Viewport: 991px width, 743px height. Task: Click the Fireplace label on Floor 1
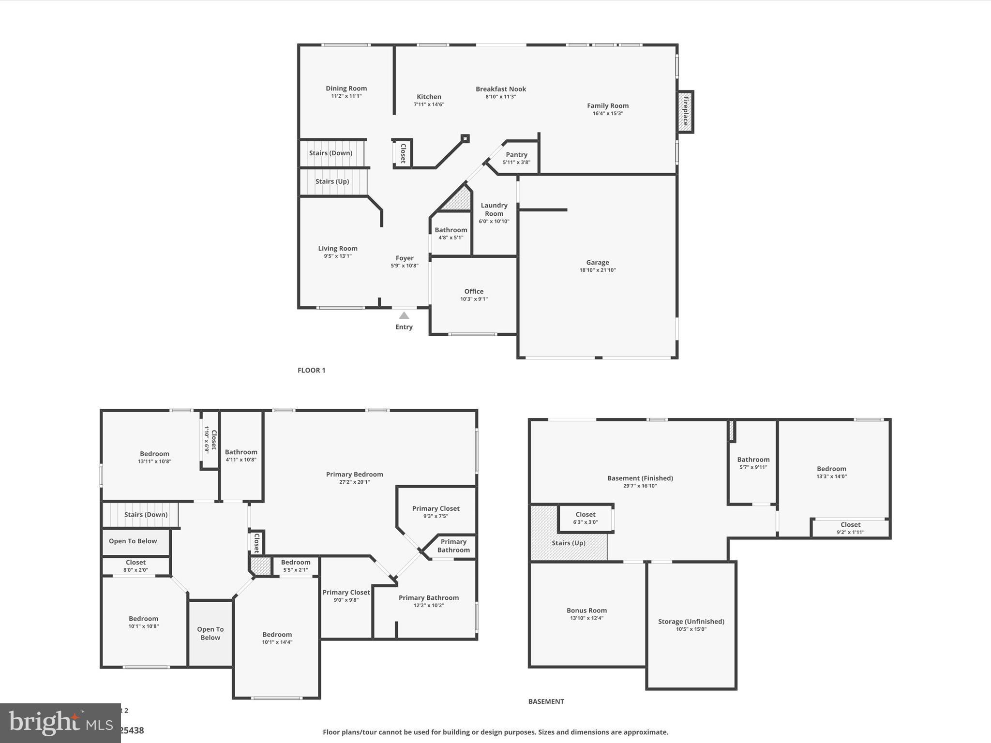(x=685, y=111)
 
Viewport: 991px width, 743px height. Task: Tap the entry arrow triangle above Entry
(x=404, y=316)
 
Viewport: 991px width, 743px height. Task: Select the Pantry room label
(x=516, y=155)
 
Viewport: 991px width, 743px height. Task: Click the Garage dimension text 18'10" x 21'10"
(x=598, y=270)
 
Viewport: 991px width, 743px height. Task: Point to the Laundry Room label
(x=494, y=209)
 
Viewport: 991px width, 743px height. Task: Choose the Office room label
(x=474, y=291)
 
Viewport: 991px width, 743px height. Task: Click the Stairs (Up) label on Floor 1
(x=332, y=181)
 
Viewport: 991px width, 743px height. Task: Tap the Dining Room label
(x=346, y=89)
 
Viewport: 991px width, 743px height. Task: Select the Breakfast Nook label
(x=501, y=89)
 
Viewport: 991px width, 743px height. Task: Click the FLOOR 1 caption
(x=311, y=370)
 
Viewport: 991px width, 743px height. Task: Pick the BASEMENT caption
(x=546, y=701)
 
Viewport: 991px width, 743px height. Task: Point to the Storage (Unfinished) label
(x=691, y=622)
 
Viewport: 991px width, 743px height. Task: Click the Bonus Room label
(x=586, y=610)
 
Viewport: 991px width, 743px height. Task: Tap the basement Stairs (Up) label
(x=569, y=543)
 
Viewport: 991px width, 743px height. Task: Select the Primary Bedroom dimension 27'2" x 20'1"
(x=354, y=482)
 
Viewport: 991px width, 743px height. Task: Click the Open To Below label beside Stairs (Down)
(x=133, y=541)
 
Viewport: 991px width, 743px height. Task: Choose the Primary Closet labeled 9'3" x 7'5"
(x=435, y=508)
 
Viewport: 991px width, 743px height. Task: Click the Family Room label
(x=608, y=106)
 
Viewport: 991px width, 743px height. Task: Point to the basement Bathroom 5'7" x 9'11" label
(x=753, y=460)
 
